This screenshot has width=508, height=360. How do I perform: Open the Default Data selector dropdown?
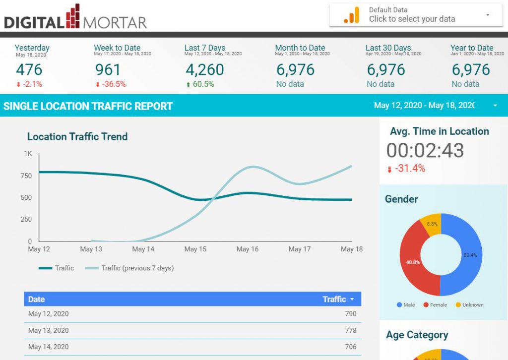(416, 15)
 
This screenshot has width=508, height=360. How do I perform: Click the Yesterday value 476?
(29, 69)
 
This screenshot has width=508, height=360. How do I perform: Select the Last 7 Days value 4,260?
(204, 69)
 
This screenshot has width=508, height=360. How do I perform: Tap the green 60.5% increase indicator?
(200, 84)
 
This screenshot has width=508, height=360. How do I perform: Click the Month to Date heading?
(300, 48)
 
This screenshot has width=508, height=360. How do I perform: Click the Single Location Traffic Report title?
(88, 106)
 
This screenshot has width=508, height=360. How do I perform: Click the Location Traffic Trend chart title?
(77, 137)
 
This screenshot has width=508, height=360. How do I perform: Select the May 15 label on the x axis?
(195, 249)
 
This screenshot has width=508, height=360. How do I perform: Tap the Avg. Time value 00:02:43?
(425, 150)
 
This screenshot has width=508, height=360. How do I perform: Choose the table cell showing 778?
(350, 330)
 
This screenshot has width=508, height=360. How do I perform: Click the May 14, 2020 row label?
(48, 347)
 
